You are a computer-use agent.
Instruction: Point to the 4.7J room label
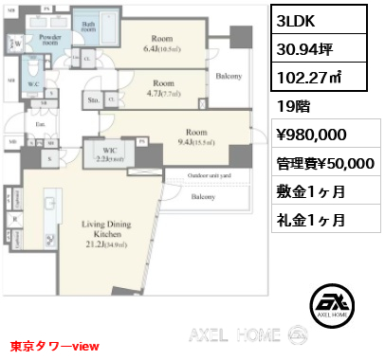163,88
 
